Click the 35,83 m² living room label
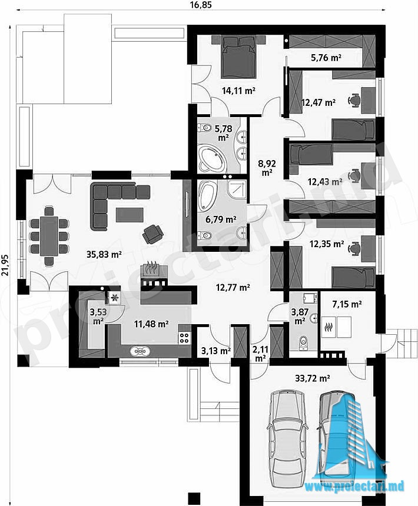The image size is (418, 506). [x=104, y=254]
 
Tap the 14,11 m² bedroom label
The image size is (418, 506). [x=238, y=91]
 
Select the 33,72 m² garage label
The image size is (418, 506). [x=313, y=378]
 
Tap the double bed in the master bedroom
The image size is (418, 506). [x=239, y=57]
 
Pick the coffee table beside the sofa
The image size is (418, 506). [x=130, y=215]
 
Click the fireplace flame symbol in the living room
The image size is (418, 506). [x=151, y=267]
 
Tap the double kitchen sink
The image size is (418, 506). [x=140, y=351]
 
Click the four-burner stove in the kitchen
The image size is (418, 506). [x=184, y=338]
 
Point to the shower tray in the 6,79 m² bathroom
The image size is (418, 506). [x=236, y=189]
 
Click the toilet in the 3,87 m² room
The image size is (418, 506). [x=303, y=342]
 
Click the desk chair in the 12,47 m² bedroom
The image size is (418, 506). [x=355, y=99]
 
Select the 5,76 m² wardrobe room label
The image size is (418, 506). [x=326, y=58]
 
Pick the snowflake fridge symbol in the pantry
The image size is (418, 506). [x=114, y=298]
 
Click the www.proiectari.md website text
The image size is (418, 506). [x=354, y=486]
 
